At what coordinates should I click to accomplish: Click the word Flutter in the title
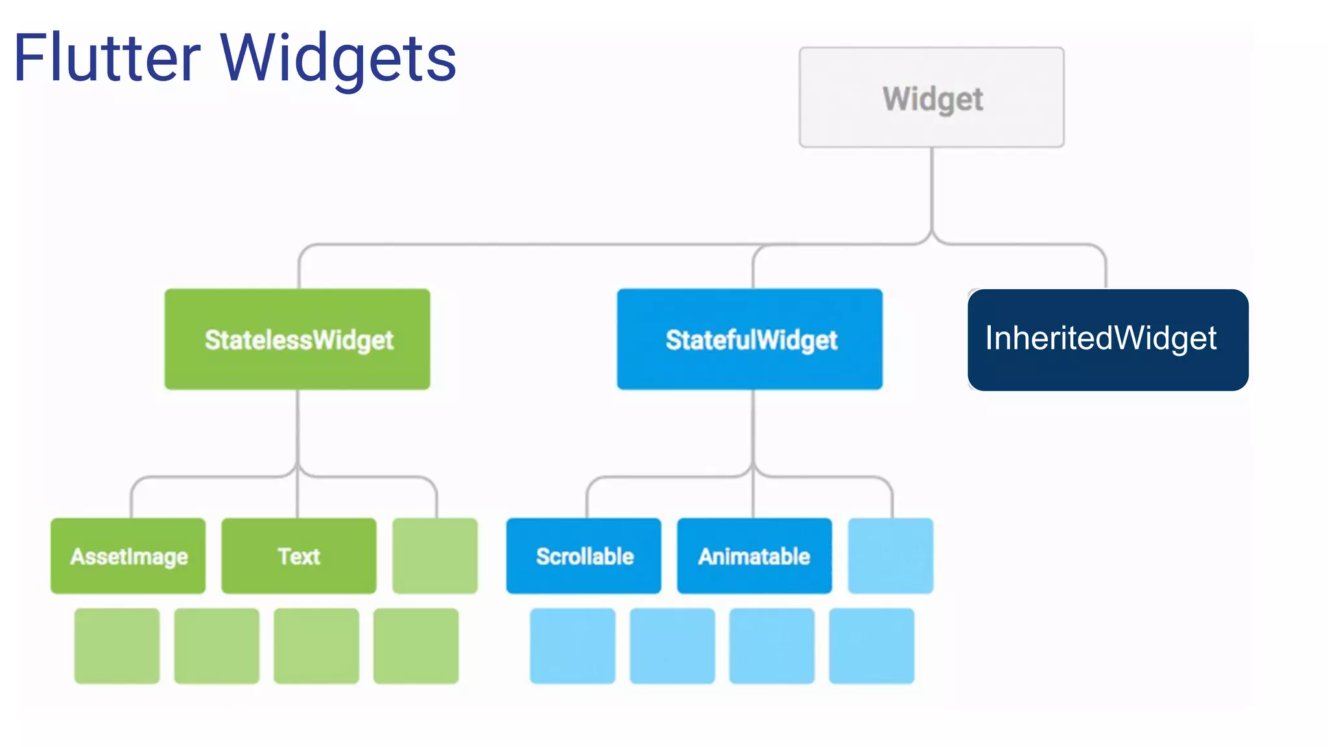point(107,58)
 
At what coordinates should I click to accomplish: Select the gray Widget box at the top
point(931,97)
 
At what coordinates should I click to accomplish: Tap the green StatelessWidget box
point(297,339)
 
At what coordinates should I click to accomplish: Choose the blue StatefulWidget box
point(750,339)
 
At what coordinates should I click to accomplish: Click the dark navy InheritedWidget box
point(1108,339)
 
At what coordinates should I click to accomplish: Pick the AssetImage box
point(128,556)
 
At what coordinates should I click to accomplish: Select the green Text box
point(298,556)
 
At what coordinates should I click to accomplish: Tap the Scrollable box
point(584,556)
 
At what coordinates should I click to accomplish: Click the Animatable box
point(754,556)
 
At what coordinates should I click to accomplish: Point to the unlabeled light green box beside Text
point(435,556)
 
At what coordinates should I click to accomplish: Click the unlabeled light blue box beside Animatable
point(890,556)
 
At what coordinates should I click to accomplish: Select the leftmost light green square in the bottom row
point(117,645)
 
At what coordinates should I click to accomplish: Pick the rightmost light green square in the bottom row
point(416,645)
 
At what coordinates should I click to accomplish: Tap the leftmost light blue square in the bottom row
point(573,645)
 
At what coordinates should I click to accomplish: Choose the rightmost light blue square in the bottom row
point(871,645)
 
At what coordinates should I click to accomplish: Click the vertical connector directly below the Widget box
point(932,188)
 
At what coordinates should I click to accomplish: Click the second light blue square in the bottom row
point(672,645)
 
